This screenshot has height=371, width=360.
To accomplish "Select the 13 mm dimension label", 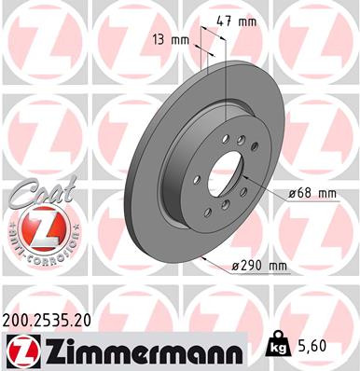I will [x=173, y=40].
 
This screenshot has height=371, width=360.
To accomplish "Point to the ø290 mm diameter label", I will [x=258, y=265].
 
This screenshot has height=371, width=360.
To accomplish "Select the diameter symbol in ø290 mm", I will [x=235, y=265].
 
